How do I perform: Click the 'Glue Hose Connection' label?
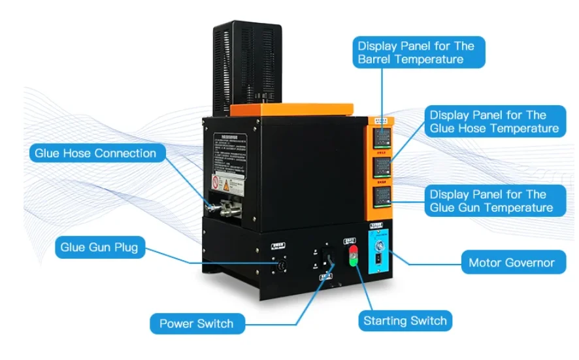pos(95,154)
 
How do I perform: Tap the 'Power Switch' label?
pos(196,323)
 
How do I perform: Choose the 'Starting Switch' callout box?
pos(405,321)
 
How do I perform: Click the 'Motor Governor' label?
pos(511,263)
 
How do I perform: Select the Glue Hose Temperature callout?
pos(493,122)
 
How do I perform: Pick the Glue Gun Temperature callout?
pos(491,201)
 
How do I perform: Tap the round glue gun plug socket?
pos(282,267)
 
